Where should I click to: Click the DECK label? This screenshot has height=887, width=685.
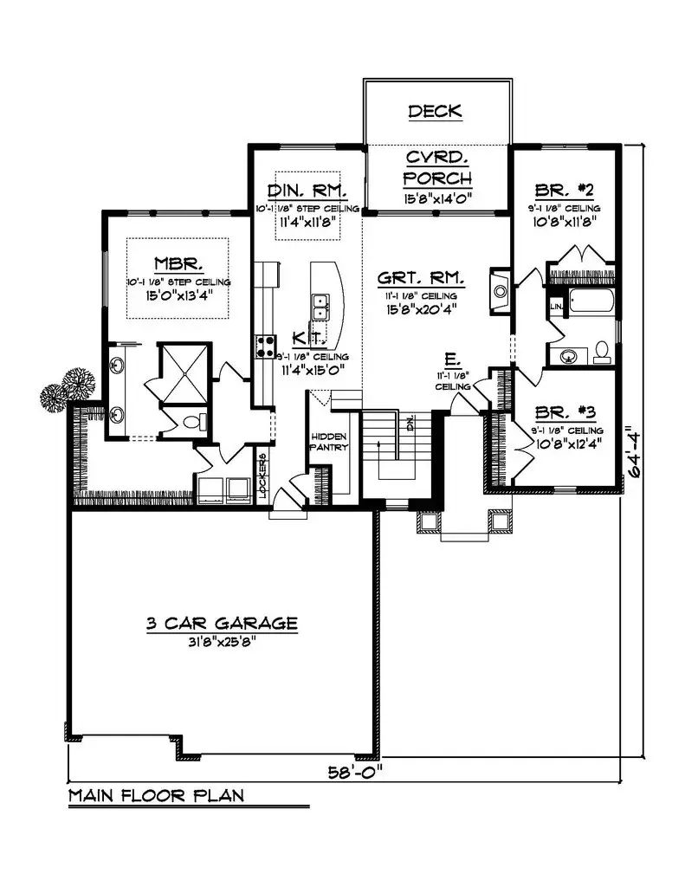coord(436,111)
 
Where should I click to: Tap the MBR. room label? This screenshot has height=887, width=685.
coord(179,262)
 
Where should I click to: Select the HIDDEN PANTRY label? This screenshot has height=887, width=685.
coord(329,442)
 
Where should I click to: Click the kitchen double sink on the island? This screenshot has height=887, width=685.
coord(320,306)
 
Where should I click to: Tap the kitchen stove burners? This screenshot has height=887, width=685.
coord(263,346)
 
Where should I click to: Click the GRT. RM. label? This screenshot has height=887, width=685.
coord(421,279)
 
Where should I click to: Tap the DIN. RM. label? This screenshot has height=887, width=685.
coord(307,191)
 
